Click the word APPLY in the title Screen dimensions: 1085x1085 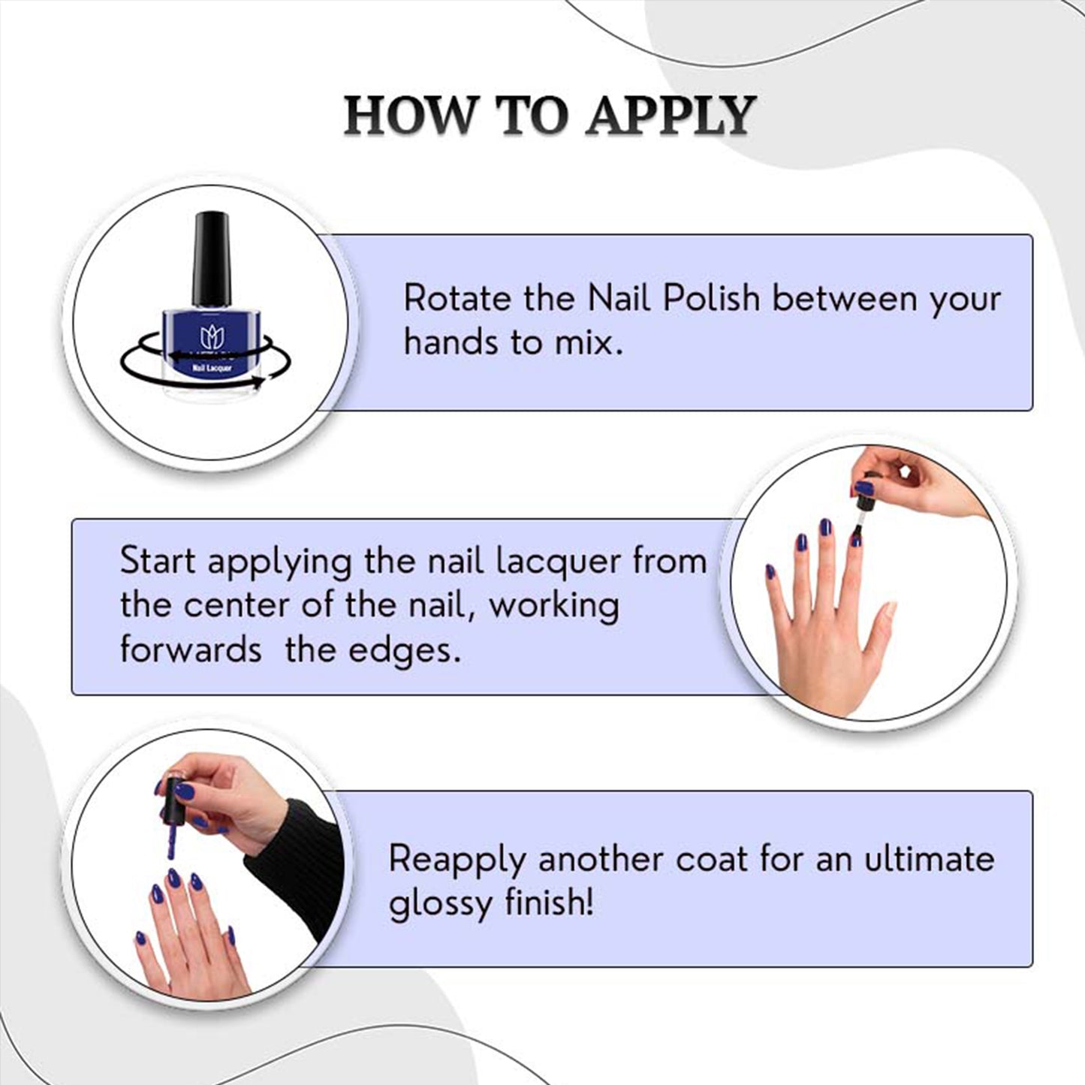pos(670,116)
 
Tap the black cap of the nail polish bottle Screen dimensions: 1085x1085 pos(211,259)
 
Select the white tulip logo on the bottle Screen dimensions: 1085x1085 pos(211,337)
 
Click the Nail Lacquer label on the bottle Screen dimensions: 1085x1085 pos(212,368)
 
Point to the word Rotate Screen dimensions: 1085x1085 pos(458,298)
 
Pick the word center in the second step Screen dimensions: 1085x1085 pos(237,606)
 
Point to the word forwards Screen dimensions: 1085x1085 pos(190,649)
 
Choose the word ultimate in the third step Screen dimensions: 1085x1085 pos(929,859)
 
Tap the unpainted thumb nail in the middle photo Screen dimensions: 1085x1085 pos(891,608)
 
